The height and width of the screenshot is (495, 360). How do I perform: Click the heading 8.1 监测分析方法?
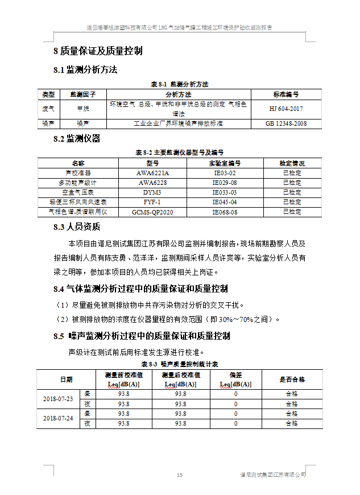click(85, 69)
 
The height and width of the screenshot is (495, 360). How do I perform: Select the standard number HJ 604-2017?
click(286, 108)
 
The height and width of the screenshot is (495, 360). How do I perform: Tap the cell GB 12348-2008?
click(286, 123)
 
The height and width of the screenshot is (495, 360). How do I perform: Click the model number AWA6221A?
click(152, 173)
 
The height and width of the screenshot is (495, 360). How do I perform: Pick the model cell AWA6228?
click(152, 183)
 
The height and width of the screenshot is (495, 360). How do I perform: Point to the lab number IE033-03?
click(225, 192)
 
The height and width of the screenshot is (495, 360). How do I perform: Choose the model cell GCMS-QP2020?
click(152, 212)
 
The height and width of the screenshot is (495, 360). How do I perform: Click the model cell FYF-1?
click(152, 202)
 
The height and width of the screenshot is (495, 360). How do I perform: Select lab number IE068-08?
click(225, 212)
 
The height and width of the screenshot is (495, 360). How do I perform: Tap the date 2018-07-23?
click(58, 398)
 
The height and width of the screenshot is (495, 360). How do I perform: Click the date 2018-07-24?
click(58, 418)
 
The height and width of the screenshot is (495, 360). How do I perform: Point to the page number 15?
click(180, 475)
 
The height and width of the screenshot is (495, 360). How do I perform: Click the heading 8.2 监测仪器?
click(76, 138)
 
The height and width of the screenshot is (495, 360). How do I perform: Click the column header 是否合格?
click(292, 379)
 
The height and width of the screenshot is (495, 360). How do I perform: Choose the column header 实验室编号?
click(225, 163)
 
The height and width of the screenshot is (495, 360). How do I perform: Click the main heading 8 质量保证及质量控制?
click(98, 51)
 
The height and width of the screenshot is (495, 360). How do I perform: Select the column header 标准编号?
click(286, 94)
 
